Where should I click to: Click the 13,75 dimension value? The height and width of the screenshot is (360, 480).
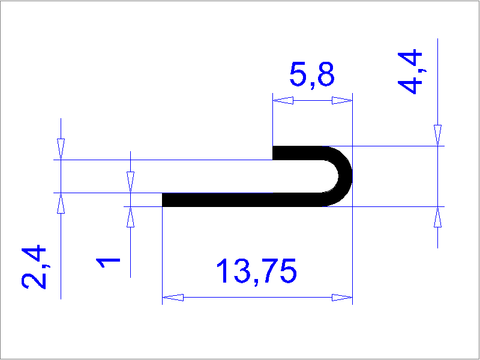(257, 271)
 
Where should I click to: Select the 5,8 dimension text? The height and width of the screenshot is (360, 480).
(312, 74)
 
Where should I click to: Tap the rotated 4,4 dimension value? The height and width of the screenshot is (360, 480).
(410, 71)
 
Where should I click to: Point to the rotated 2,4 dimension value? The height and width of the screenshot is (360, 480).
(34, 266)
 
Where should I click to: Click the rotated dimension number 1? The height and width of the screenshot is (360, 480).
(108, 263)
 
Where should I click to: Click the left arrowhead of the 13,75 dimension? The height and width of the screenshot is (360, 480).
(173, 297)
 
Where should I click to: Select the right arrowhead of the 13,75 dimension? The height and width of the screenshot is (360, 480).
(342, 297)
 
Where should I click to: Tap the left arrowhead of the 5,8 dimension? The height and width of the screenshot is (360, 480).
(283, 100)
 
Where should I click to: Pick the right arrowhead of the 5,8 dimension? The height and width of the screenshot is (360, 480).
(342, 100)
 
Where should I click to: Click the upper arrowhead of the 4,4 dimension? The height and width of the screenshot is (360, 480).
(438, 136)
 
